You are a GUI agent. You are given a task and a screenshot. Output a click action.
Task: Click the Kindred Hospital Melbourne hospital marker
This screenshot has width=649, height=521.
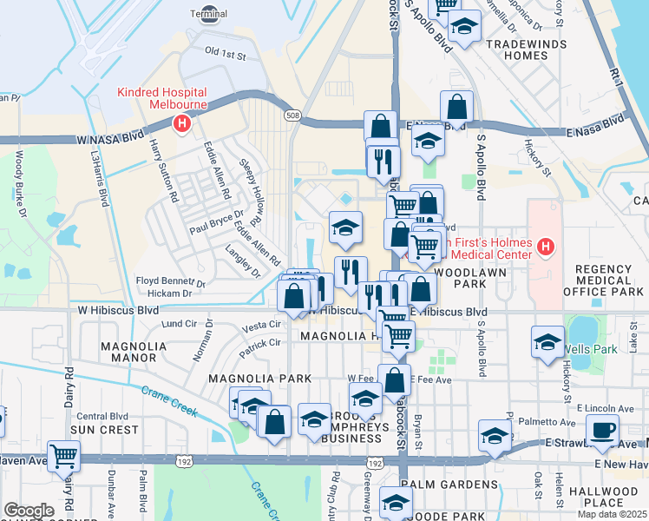(182, 124)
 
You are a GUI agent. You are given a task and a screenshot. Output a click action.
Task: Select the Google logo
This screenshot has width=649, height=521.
(29, 511)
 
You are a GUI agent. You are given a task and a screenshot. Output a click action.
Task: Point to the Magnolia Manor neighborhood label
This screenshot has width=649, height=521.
(134, 351)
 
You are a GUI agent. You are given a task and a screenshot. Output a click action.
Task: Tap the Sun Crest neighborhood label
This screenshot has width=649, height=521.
(104, 429)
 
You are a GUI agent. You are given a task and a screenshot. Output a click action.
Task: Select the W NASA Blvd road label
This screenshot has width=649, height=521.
(109, 139)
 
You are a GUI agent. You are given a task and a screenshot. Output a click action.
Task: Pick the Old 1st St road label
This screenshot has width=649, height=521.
(226, 54)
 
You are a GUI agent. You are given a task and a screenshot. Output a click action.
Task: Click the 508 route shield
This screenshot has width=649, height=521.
(293, 115)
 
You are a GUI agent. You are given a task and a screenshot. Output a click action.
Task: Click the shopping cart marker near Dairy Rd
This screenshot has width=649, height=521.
(64, 455)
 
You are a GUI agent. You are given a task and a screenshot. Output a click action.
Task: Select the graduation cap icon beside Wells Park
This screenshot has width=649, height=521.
(547, 343)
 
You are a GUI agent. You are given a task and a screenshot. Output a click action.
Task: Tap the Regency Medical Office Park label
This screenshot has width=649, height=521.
(607, 280)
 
